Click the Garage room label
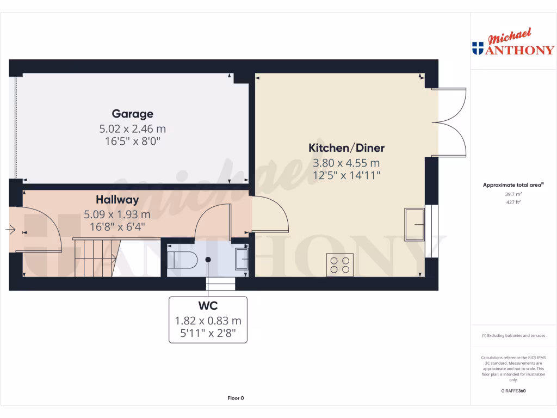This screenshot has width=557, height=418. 132,114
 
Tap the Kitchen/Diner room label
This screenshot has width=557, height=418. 346,147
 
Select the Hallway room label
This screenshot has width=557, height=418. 117,200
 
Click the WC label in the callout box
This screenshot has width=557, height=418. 208,306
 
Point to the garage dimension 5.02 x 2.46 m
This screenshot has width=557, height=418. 132,129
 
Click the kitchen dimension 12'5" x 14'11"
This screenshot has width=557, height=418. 346,175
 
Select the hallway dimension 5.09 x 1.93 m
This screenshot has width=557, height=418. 117,214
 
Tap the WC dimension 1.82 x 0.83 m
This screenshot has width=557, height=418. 208,321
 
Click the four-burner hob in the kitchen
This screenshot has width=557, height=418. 340,265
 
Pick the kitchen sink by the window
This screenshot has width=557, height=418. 414,224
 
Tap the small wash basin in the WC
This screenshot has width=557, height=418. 242,259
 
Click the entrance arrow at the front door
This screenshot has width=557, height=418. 10,230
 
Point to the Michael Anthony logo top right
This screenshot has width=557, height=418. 513,44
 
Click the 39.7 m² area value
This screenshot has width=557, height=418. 513,194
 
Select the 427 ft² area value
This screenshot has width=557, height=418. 513,202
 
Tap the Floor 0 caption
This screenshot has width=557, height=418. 236,398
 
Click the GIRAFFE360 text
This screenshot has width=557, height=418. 513,391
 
